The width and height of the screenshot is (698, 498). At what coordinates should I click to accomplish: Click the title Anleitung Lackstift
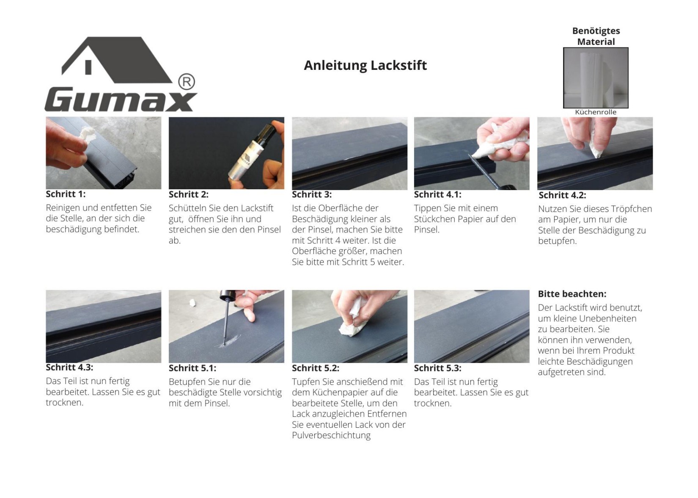coord(365,66)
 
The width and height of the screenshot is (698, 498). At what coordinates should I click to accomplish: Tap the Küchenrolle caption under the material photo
coord(596,112)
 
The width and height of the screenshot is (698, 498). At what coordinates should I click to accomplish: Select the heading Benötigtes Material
coord(596,36)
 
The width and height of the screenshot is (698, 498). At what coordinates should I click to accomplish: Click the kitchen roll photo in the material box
coord(596,77)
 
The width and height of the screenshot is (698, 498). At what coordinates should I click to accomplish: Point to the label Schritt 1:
coord(66,194)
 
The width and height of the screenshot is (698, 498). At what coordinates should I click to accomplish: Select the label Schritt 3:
coord(312,194)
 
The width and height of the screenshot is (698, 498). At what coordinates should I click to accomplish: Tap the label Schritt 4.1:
coord(437,194)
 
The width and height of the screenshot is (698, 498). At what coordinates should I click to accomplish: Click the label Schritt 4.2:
coord(562,195)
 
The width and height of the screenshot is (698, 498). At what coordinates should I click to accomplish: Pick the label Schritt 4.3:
coord(69,367)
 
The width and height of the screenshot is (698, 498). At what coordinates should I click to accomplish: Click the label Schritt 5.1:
coord(192,368)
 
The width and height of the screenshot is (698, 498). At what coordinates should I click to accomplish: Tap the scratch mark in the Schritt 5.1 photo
coord(230,340)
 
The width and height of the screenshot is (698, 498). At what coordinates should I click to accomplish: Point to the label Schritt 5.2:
coord(315,368)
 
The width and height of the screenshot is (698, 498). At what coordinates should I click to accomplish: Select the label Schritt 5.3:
coord(437,368)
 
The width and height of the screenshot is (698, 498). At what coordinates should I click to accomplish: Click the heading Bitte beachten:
coord(572,294)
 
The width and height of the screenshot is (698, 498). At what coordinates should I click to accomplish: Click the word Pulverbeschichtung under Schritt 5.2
coord(331,435)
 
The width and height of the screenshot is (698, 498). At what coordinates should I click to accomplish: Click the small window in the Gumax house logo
coord(88,67)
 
